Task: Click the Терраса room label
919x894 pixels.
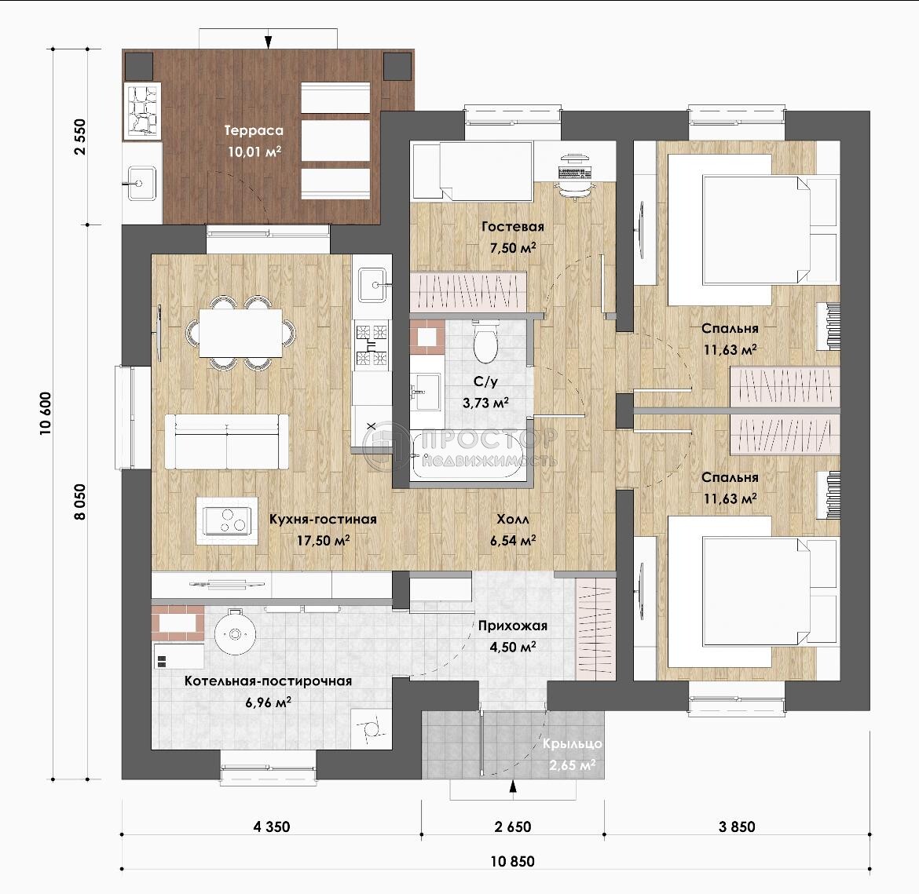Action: (x=254, y=130)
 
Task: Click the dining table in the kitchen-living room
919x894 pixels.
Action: (x=240, y=333)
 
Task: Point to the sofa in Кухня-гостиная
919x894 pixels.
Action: (x=227, y=441)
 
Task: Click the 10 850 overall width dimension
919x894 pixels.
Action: (x=512, y=860)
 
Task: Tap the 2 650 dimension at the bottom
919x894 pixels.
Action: (x=512, y=826)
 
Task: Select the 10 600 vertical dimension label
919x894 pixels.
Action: (x=46, y=413)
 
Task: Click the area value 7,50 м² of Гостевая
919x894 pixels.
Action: (x=513, y=248)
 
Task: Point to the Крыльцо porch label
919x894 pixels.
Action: (x=572, y=743)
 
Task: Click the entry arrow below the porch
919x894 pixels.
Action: (x=514, y=786)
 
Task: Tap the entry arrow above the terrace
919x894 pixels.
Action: (x=269, y=42)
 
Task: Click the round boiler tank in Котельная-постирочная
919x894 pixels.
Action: (x=235, y=633)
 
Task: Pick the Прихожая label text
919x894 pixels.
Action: (x=512, y=625)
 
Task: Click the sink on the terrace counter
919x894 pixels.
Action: (x=141, y=184)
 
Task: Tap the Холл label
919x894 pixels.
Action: (x=513, y=519)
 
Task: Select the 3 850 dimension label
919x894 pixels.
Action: (x=737, y=826)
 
